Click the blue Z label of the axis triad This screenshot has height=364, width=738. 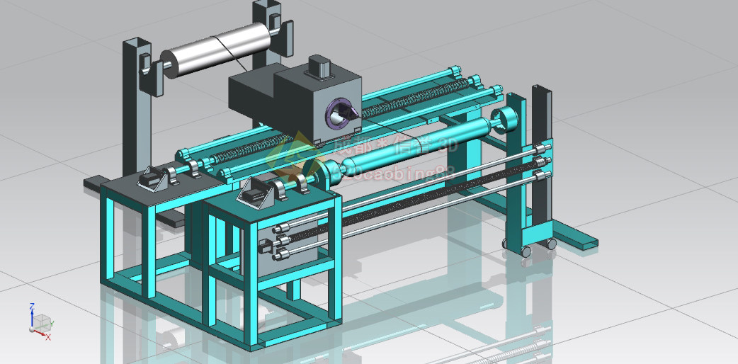32,307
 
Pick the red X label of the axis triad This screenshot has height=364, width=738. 47,337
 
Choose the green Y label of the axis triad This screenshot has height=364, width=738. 52,324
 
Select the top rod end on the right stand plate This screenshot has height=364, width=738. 545,149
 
